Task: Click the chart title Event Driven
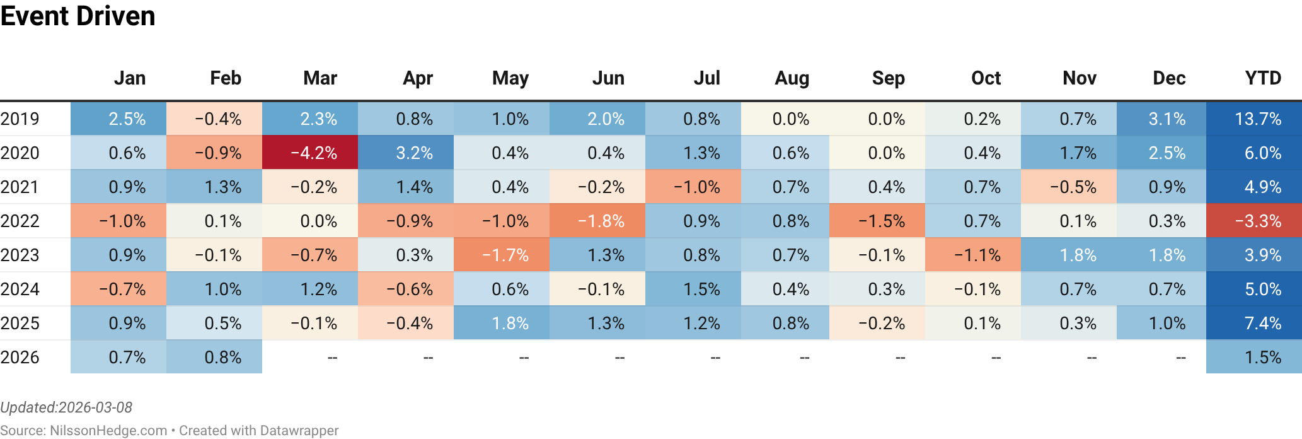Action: click(78, 16)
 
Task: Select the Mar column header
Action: click(320, 78)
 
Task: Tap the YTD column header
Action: click(1263, 78)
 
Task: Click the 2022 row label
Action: click(20, 221)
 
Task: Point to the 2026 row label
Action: click(20, 358)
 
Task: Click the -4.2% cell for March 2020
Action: click(313, 153)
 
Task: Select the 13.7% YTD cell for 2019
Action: click(1258, 119)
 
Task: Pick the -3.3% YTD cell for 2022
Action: click(1258, 221)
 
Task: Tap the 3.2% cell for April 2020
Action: click(414, 153)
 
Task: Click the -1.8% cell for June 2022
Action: click(601, 221)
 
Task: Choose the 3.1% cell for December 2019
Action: click(1167, 119)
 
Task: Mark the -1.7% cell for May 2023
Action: click(505, 255)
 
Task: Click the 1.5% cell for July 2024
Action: click(701, 290)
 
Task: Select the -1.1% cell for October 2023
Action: click(977, 255)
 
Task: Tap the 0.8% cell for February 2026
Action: click(222, 358)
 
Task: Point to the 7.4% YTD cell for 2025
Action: click(1262, 324)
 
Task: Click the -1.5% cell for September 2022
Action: click(881, 221)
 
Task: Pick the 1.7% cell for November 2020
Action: click(1078, 153)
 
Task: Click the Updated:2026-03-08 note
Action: click(66, 407)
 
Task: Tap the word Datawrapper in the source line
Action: click(299, 431)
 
